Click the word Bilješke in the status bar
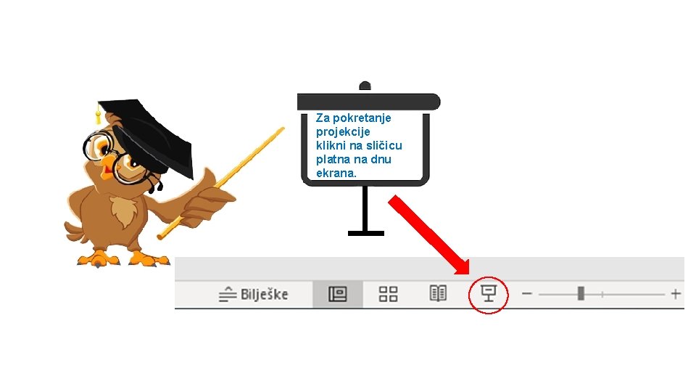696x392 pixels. pyautogui.click(x=265, y=294)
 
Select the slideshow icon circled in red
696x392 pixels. pyautogui.click(x=488, y=293)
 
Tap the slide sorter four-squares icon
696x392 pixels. pyautogui.click(x=389, y=293)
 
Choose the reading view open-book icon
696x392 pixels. pyautogui.click(x=438, y=293)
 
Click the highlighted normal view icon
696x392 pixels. pyautogui.click(x=338, y=293)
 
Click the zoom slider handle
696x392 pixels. pyautogui.click(x=581, y=293)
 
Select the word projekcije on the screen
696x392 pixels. pyautogui.click(x=343, y=131)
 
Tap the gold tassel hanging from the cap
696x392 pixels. pyautogui.click(x=98, y=115)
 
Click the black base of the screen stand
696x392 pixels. pyautogui.click(x=365, y=233)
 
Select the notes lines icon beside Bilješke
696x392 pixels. pyautogui.click(x=228, y=294)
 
